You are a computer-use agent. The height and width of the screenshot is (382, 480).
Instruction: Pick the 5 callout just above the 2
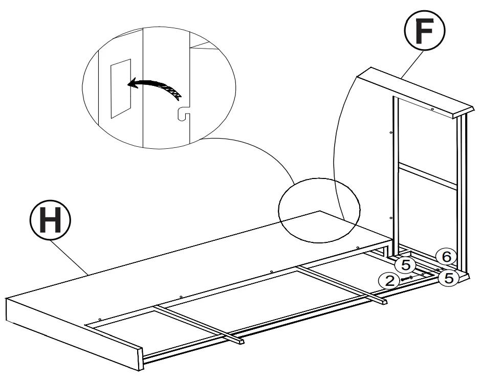pos(405,265)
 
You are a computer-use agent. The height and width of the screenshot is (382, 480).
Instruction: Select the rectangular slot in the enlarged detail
pos(121,88)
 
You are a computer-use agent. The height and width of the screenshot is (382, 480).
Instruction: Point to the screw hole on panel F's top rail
pos(432,109)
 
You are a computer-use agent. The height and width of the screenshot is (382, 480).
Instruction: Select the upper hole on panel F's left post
pos(391,131)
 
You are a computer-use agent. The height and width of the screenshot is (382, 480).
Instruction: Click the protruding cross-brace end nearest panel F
pos(382,301)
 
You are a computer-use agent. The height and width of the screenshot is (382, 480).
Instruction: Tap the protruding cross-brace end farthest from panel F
pos(240,340)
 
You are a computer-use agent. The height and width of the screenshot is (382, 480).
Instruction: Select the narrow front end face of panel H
pos(72,332)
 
